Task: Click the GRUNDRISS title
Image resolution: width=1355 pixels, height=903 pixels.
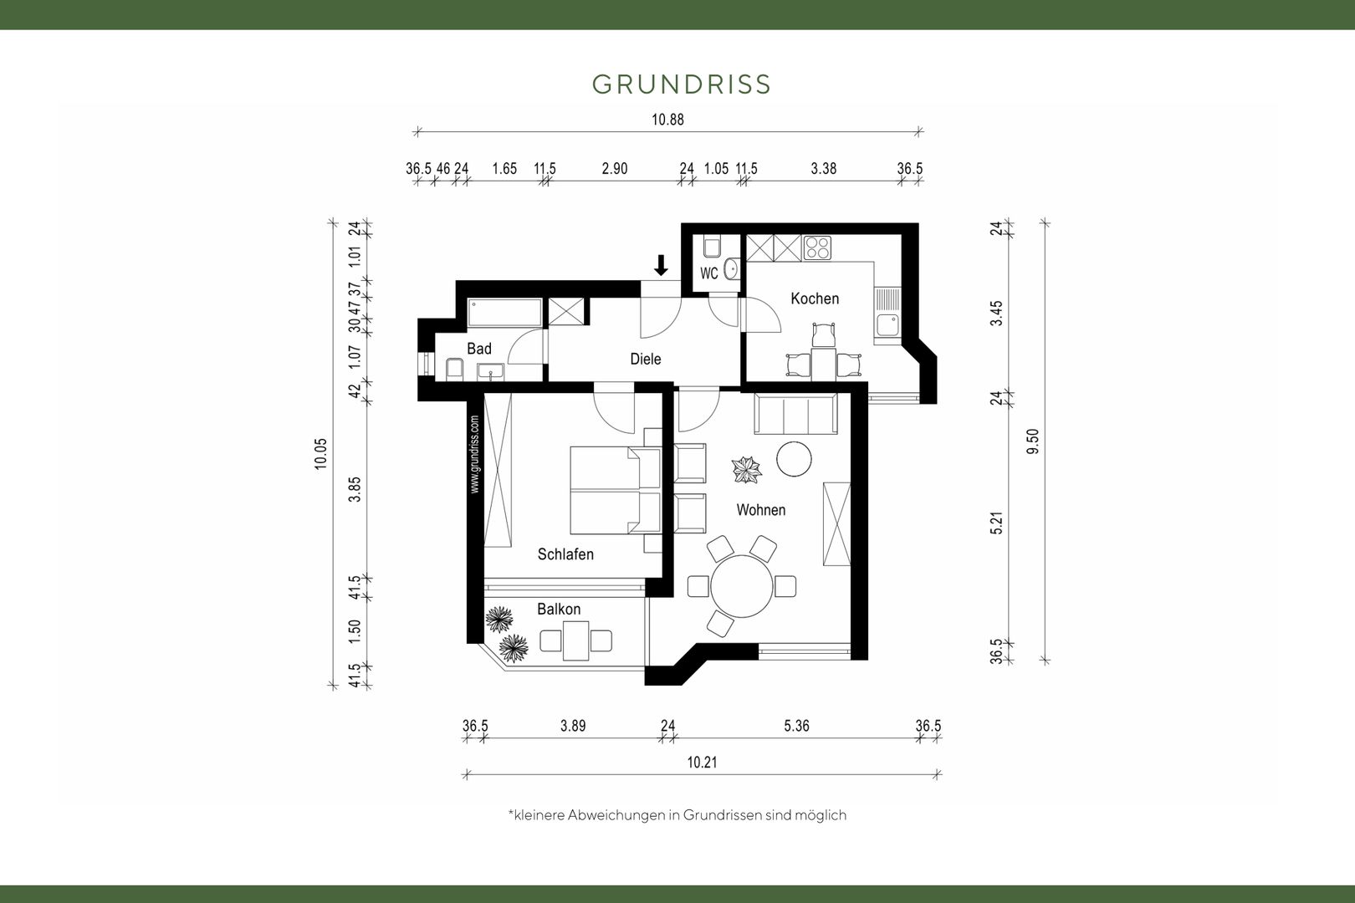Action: click(681, 84)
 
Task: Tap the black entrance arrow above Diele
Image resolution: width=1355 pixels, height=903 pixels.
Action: click(661, 265)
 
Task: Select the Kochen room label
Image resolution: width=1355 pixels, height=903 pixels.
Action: click(815, 298)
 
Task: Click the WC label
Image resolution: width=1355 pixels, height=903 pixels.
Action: click(709, 274)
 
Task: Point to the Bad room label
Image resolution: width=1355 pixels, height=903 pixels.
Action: click(479, 349)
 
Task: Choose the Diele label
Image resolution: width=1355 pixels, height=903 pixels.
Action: click(646, 359)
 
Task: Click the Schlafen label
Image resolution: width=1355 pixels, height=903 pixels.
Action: click(565, 554)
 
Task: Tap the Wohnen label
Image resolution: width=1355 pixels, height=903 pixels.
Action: click(761, 510)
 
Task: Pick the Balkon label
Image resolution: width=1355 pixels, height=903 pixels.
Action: click(559, 609)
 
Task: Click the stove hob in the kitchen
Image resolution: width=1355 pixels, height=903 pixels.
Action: click(817, 248)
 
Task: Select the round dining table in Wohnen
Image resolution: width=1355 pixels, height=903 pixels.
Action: click(742, 586)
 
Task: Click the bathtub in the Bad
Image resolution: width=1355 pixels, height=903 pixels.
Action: click(505, 312)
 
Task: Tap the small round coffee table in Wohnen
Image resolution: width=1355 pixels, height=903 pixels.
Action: click(794, 459)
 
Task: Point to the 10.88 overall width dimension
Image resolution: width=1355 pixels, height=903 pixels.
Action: click(667, 120)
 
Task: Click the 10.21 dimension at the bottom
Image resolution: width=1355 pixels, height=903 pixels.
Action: click(702, 762)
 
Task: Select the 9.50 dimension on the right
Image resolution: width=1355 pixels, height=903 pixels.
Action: click(1033, 441)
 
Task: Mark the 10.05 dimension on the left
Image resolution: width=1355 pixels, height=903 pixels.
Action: click(320, 454)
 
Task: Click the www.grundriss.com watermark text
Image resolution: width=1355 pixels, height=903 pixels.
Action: click(474, 454)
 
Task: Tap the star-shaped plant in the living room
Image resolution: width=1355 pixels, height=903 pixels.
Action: click(746, 470)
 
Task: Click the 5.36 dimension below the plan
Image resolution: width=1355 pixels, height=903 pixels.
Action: click(796, 726)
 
